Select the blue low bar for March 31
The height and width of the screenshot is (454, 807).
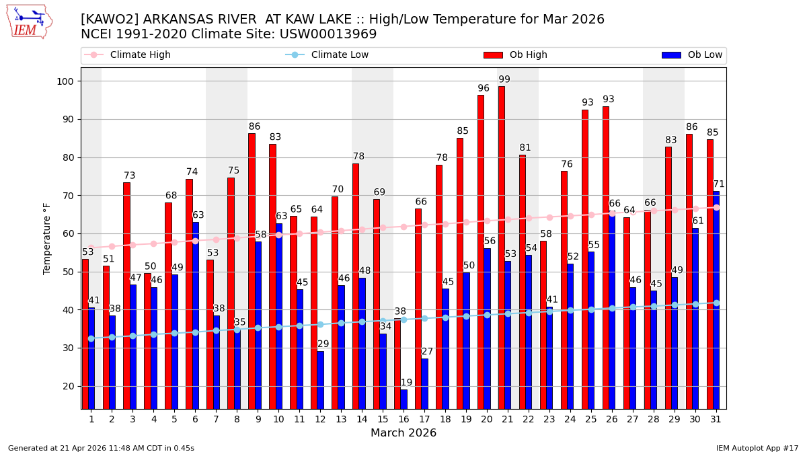click(x=716, y=299)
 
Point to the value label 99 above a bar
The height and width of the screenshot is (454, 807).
click(x=504, y=79)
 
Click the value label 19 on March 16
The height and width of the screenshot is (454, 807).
click(x=407, y=383)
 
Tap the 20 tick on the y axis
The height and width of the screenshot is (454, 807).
click(x=70, y=386)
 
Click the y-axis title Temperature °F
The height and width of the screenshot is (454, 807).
click(x=47, y=238)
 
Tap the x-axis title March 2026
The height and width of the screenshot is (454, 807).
click(x=403, y=433)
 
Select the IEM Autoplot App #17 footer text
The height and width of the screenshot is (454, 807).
click(x=757, y=448)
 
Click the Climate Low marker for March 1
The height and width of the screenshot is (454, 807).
click(x=91, y=338)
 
